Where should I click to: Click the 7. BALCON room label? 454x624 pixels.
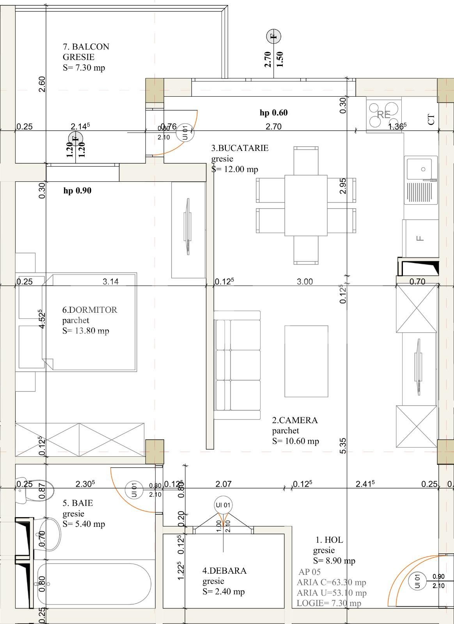(x=86, y=47)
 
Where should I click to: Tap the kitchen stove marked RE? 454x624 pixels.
(x=384, y=114)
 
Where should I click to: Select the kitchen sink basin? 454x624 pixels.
(x=420, y=170)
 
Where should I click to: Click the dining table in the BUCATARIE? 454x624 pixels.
(x=306, y=206)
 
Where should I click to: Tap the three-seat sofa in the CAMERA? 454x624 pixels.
(x=237, y=365)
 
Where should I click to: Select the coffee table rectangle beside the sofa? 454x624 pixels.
(x=306, y=361)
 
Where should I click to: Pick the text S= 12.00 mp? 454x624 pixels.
(x=235, y=169)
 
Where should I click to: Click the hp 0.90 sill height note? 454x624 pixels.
(x=77, y=191)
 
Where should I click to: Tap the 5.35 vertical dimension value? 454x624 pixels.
(x=343, y=446)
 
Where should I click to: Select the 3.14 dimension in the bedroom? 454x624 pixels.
(x=110, y=282)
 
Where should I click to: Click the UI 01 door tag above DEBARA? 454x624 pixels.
(x=223, y=505)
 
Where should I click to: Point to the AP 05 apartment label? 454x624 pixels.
(x=309, y=572)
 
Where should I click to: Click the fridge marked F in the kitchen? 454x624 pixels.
(x=420, y=238)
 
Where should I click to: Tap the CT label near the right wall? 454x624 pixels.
(x=431, y=119)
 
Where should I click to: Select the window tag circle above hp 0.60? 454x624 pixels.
(x=273, y=36)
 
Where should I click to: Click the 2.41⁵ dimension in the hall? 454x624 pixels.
(x=365, y=484)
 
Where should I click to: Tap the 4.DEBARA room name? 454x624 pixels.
(x=224, y=571)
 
